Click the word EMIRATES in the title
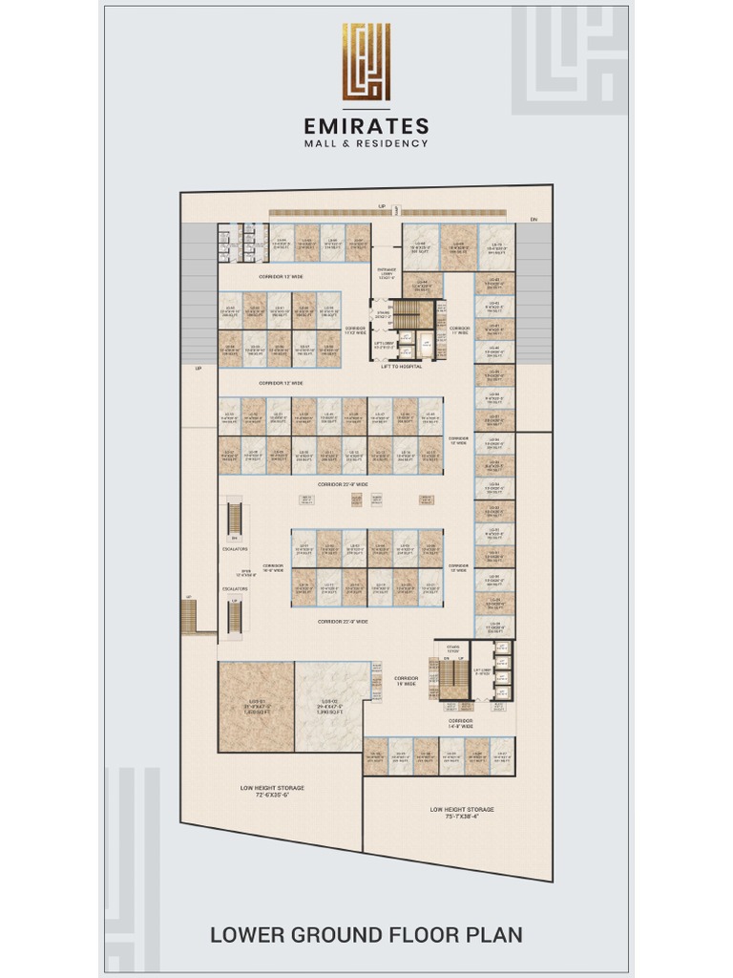[x=366, y=126]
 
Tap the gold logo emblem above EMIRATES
[x=366, y=62]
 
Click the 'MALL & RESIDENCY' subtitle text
[x=366, y=144]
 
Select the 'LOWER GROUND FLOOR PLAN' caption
[x=366, y=934]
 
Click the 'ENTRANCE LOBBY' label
[x=387, y=275]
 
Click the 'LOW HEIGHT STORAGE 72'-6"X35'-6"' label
[x=272, y=791]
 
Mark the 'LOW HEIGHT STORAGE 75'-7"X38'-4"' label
[x=462, y=813]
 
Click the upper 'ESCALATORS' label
[x=235, y=549]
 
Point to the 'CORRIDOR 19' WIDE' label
[x=407, y=681]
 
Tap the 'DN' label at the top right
[x=534, y=221]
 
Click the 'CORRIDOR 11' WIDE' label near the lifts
[x=460, y=330]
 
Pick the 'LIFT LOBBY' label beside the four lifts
[x=482, y=671]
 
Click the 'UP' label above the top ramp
[x=382, y=205]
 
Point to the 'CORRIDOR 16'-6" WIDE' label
[x=274, y=568]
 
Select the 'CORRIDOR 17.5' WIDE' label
[x=355, y=330]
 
